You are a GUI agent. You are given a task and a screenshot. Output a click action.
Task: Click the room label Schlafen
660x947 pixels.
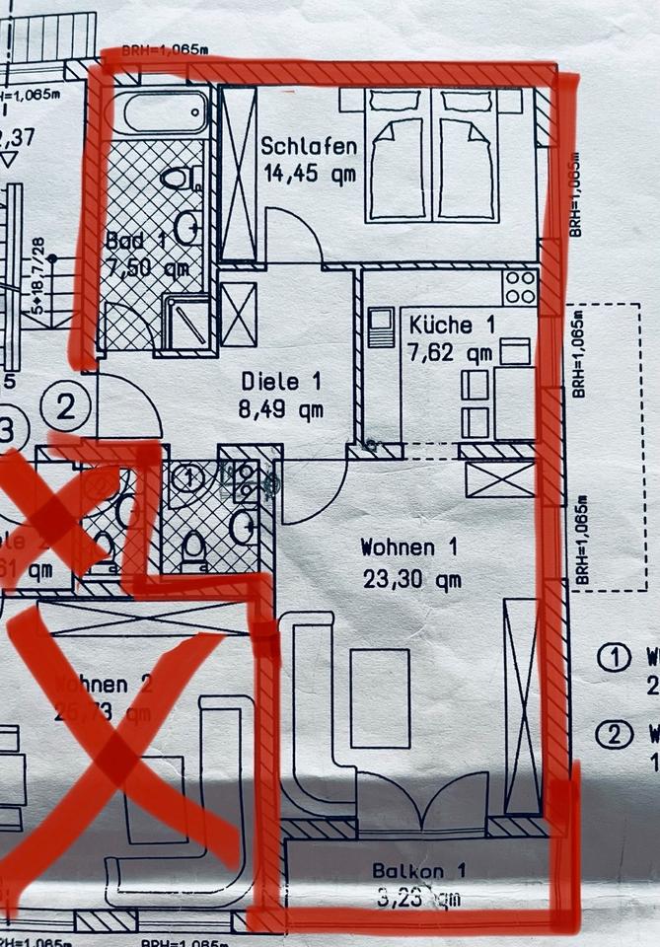[309, 146]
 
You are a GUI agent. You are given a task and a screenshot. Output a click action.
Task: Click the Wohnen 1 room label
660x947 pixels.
[409, 546]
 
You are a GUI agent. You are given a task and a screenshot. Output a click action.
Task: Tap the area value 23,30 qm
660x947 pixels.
[411, 580]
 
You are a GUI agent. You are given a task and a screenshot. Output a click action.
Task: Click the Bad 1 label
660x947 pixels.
[137, 240]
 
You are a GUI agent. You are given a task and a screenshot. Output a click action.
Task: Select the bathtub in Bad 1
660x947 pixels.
[164, 112]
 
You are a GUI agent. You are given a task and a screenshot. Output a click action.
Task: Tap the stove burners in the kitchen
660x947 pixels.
[520, 287]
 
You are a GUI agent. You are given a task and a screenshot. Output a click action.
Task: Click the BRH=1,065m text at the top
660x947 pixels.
[165, 49]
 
